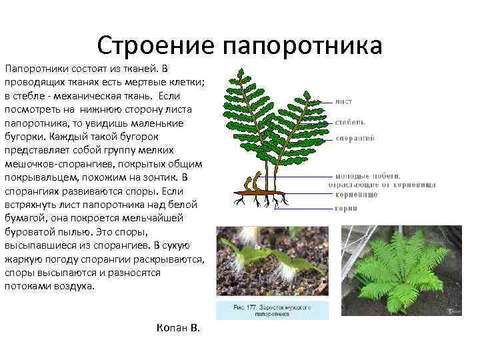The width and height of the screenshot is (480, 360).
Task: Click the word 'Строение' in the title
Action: pos(155,45)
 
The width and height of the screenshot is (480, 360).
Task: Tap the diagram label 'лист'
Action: pos(344,101)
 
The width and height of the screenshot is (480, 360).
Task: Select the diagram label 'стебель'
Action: pos(350,122)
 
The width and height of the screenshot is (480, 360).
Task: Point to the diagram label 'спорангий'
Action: pos(355,138)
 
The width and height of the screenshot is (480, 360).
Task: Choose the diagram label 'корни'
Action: pos(345,208)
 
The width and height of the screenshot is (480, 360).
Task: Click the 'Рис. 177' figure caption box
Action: pos(272,311)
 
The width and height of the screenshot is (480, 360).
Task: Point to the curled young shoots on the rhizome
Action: pos(251,181)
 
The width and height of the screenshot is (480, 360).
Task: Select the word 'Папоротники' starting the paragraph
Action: pos(34,69)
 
